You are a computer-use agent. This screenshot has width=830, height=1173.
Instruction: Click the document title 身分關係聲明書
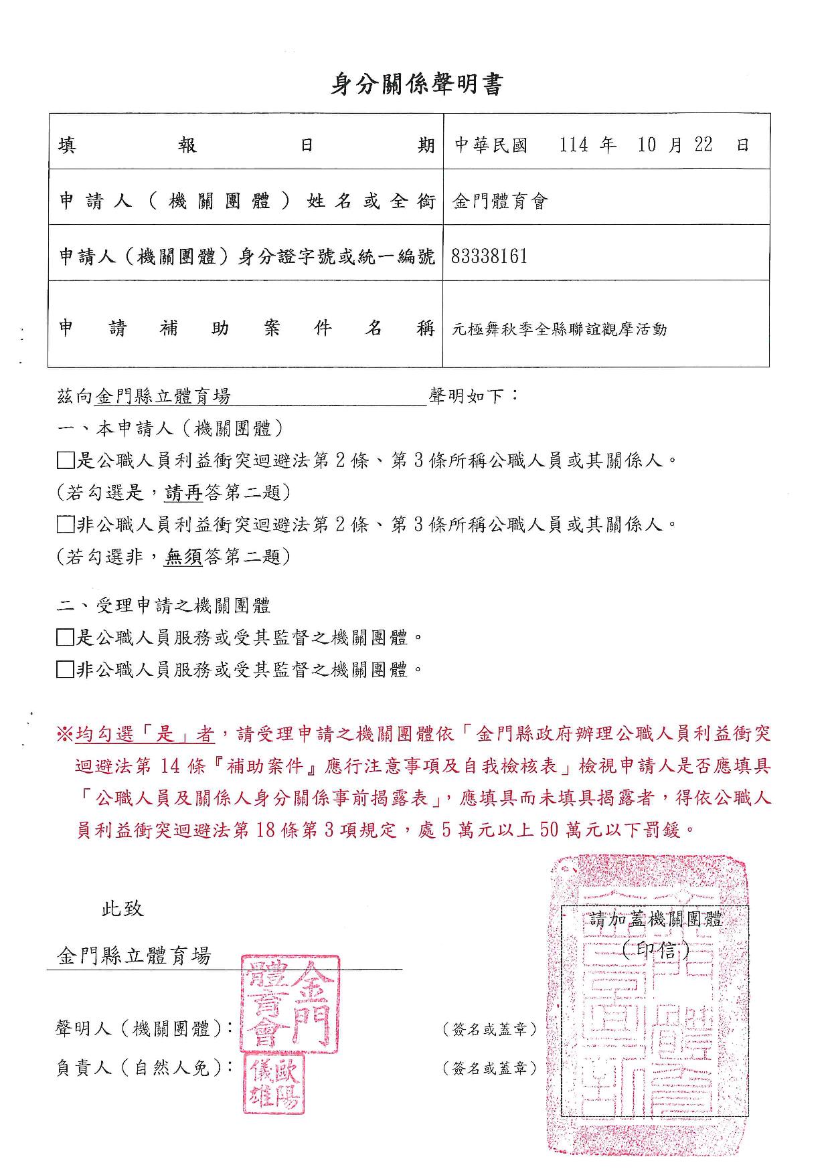[x=416, y=85]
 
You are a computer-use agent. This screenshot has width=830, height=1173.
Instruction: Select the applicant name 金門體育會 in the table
[x=500, y=201]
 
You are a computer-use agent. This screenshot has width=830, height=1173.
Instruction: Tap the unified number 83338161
[x=489, y=256]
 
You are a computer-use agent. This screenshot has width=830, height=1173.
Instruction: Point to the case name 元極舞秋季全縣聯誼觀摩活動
[x=560, y=329]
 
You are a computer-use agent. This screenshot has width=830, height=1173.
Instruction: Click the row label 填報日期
[x=246, y=145]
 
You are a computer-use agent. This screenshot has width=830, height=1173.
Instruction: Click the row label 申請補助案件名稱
[x=246, y=329]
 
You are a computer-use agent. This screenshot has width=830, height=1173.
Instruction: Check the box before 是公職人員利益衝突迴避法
[x=65, y=460]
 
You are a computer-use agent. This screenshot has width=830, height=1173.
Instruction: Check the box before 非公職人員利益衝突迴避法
[x=65, y=524]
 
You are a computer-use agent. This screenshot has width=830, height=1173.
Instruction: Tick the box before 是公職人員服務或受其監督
[x=65, y=638]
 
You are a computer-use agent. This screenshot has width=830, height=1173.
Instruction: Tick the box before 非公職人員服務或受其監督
[x=65, y=669]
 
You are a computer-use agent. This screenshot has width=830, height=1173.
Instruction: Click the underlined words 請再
[x=183, y=493]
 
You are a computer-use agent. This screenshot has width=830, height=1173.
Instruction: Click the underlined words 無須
[x=183, y=556]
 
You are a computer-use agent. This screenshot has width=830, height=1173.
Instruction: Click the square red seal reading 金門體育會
[x=290, y=1004]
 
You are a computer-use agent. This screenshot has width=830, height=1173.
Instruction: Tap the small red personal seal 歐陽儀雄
[x=273, y=1085]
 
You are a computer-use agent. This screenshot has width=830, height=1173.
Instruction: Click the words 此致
[x=122, y=909]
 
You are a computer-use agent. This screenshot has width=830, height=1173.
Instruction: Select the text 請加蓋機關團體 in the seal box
[x=656, y=919]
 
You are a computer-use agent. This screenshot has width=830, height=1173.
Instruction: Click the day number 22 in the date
[x=703, y=145]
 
